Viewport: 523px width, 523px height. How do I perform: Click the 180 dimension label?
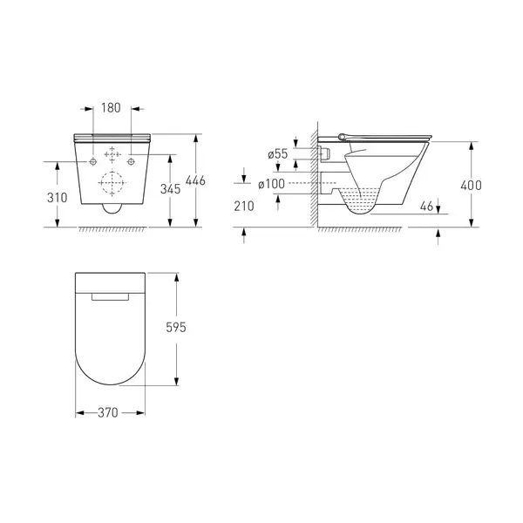(111, 108)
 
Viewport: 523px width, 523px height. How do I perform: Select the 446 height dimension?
(195, 180)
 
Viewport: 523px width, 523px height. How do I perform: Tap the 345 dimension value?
(170, 189)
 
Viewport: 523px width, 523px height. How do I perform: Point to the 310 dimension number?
(57, 198)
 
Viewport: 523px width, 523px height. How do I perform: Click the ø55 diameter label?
(277, 153)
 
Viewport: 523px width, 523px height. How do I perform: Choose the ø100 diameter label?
(271, 184)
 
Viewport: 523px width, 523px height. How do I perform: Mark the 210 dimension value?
(244, 206)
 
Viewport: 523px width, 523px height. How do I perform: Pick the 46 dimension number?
(426, 206)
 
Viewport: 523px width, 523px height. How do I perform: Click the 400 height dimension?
(471, 185)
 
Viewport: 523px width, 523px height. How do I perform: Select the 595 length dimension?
(176, 327)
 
